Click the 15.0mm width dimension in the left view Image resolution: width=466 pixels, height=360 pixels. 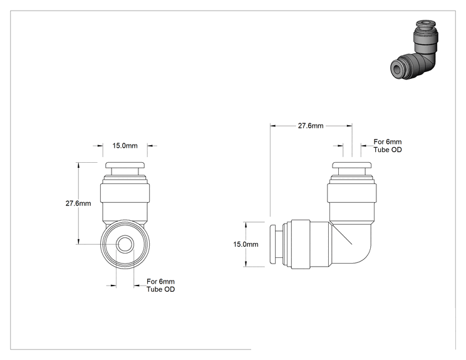tap(125, 145)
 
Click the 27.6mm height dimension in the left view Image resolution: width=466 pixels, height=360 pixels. tap(78, 203)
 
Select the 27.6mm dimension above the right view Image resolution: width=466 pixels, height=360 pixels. tap(311, 126)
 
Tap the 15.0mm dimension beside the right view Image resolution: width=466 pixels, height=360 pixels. tap(246, 244)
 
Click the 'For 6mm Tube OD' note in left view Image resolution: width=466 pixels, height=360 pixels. tap(160, 285)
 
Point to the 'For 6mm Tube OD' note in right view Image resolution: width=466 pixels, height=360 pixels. tap(388, 145)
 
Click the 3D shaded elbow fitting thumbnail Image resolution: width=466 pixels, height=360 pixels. tap(414, 50)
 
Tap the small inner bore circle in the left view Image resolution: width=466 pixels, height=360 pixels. tap(125, 244)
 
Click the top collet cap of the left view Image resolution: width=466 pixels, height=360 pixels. tap(125, 165)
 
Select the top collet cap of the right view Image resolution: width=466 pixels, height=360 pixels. tap(351, 165)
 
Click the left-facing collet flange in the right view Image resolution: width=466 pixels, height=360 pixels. tap(272, 244)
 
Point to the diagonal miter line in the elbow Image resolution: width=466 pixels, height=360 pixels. tap(341, 234)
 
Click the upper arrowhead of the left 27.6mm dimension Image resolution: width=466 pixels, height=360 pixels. tap(78, 165)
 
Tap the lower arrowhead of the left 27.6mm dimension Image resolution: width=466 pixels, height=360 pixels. tap(78, 241)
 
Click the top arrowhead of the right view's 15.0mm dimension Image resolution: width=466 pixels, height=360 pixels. tap(246, 225)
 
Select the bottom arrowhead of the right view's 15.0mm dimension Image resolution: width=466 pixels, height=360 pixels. tap(246, 264)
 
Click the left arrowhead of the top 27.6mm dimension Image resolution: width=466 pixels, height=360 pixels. tap(273, 126)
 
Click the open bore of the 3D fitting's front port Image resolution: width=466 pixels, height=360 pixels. tap(397, 69)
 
